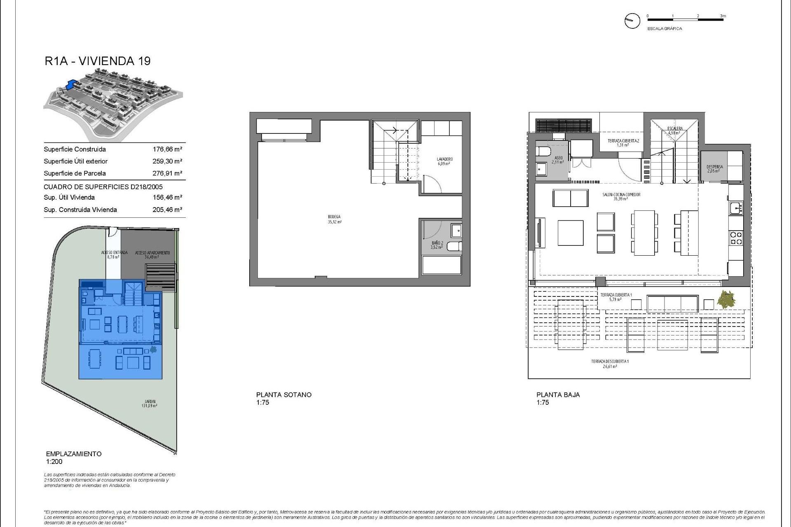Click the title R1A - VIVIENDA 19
coord(98,61)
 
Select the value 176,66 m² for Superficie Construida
coord(167,149)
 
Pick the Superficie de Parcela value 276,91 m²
coord(167,173)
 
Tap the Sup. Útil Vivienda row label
coord(69,198)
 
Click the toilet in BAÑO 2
coord(453,246)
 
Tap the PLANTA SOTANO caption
coord(283,395)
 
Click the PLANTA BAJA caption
coord(558,395)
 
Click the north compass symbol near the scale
coord(632,21)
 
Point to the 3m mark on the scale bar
coord(723,16)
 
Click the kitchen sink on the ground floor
coord(736,208)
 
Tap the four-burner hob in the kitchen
coord(736,238)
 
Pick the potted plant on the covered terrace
coord(726,299)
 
